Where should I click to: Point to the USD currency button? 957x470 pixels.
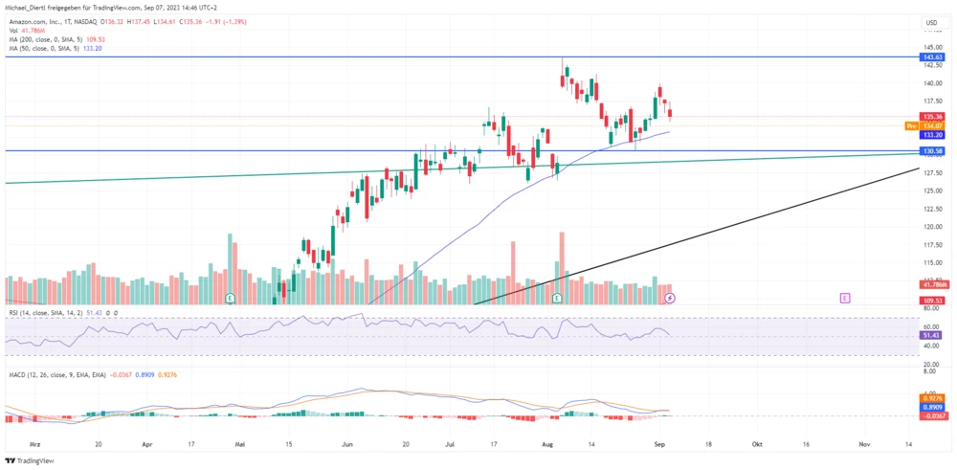[930, 22]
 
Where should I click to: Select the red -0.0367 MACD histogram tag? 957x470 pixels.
[933, 415]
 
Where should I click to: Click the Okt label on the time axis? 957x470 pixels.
[756, 445]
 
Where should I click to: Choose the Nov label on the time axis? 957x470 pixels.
[863, 445]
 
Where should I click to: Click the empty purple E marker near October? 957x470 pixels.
[844, 299]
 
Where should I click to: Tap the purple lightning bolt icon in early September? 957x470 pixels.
[670, 299]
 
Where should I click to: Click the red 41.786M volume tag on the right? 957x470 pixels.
[933, 285]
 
